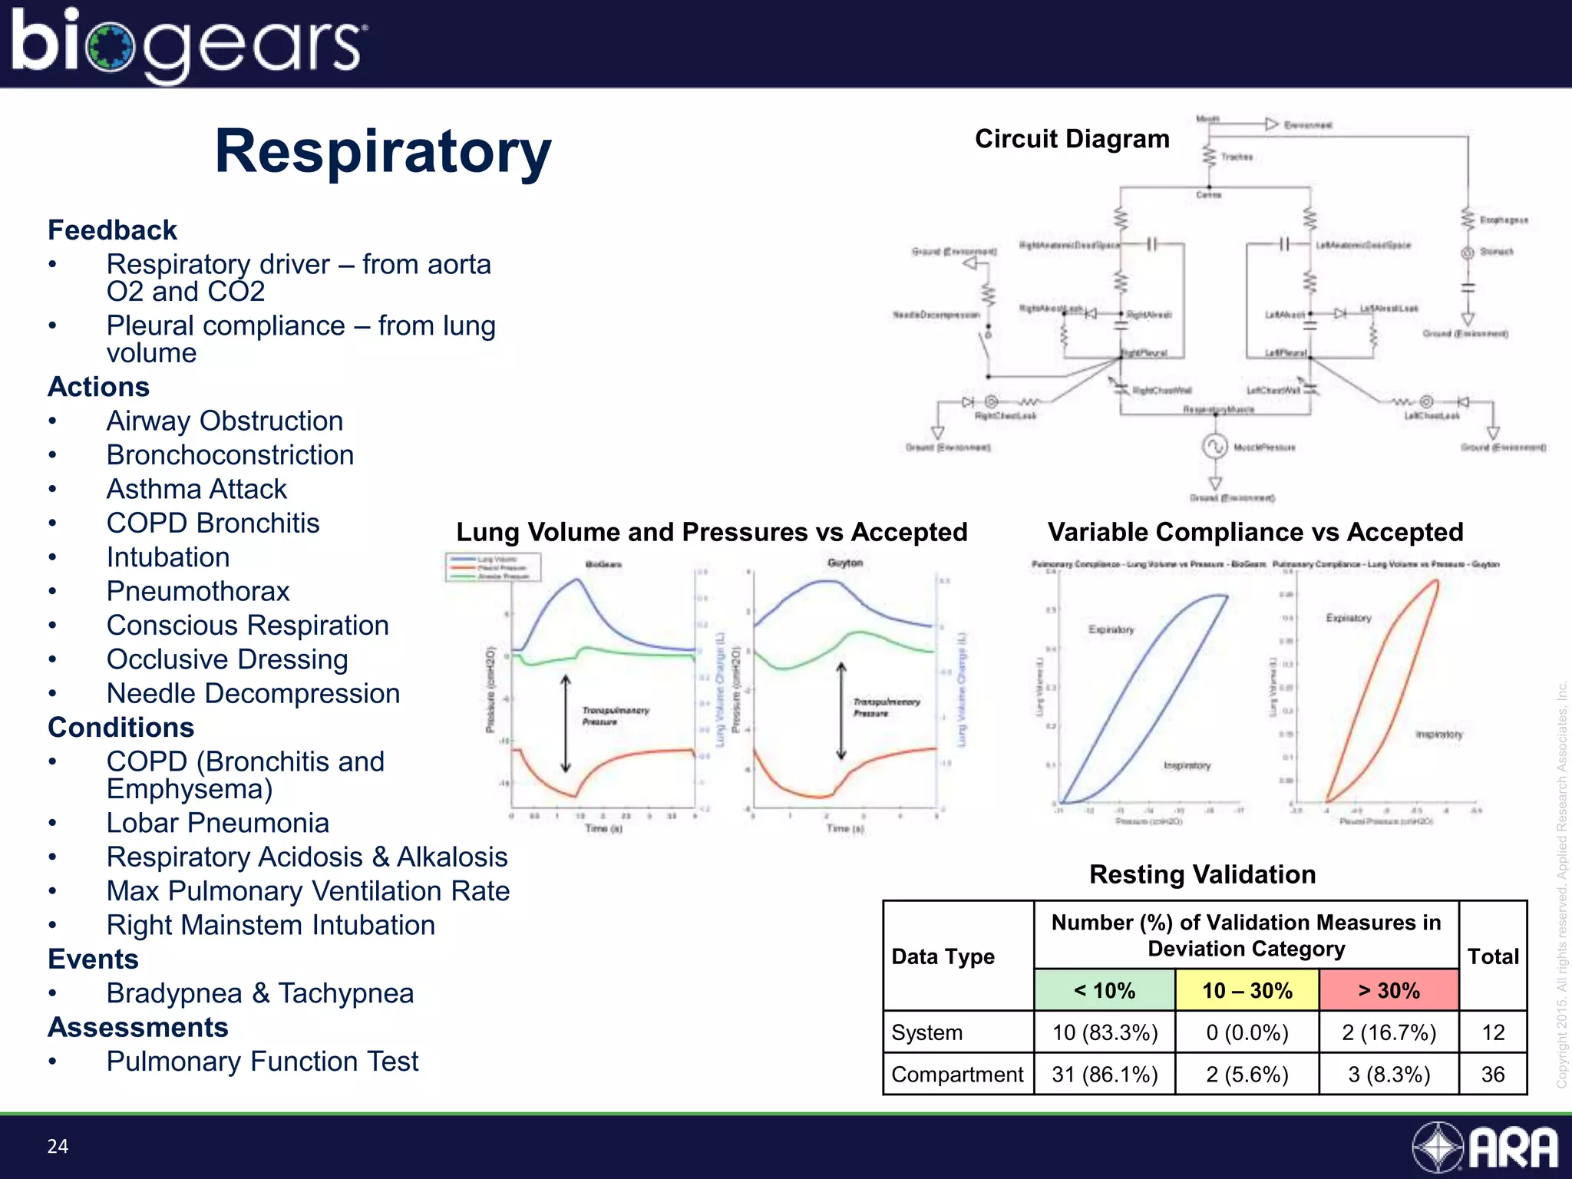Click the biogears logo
(x=188, y=45)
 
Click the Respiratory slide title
(x=382, y=151)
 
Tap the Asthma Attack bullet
(x=196, y=489)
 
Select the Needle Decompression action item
(x=253, y=693)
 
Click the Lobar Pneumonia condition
(x=217, y=823)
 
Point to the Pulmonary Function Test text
(x=262, y=1062)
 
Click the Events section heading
(x=93, y=959)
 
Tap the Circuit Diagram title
(x=1072, y=139)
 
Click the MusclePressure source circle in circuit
(x=1214, y=447)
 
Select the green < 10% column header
(x=1104, y=990)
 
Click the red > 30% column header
(x=1389, y=990)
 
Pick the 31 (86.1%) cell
(x=1104, y=1074)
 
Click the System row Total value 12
(x=1492, y=1032)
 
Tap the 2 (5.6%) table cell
(x=1247, y=1074)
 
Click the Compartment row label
(x=957, y=1074)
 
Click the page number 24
(x=58, y=1146)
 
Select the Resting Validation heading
(x=1202, y=874)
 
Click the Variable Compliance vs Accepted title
(x=1255, y=532)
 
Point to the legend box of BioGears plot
(x=494, y=568)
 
